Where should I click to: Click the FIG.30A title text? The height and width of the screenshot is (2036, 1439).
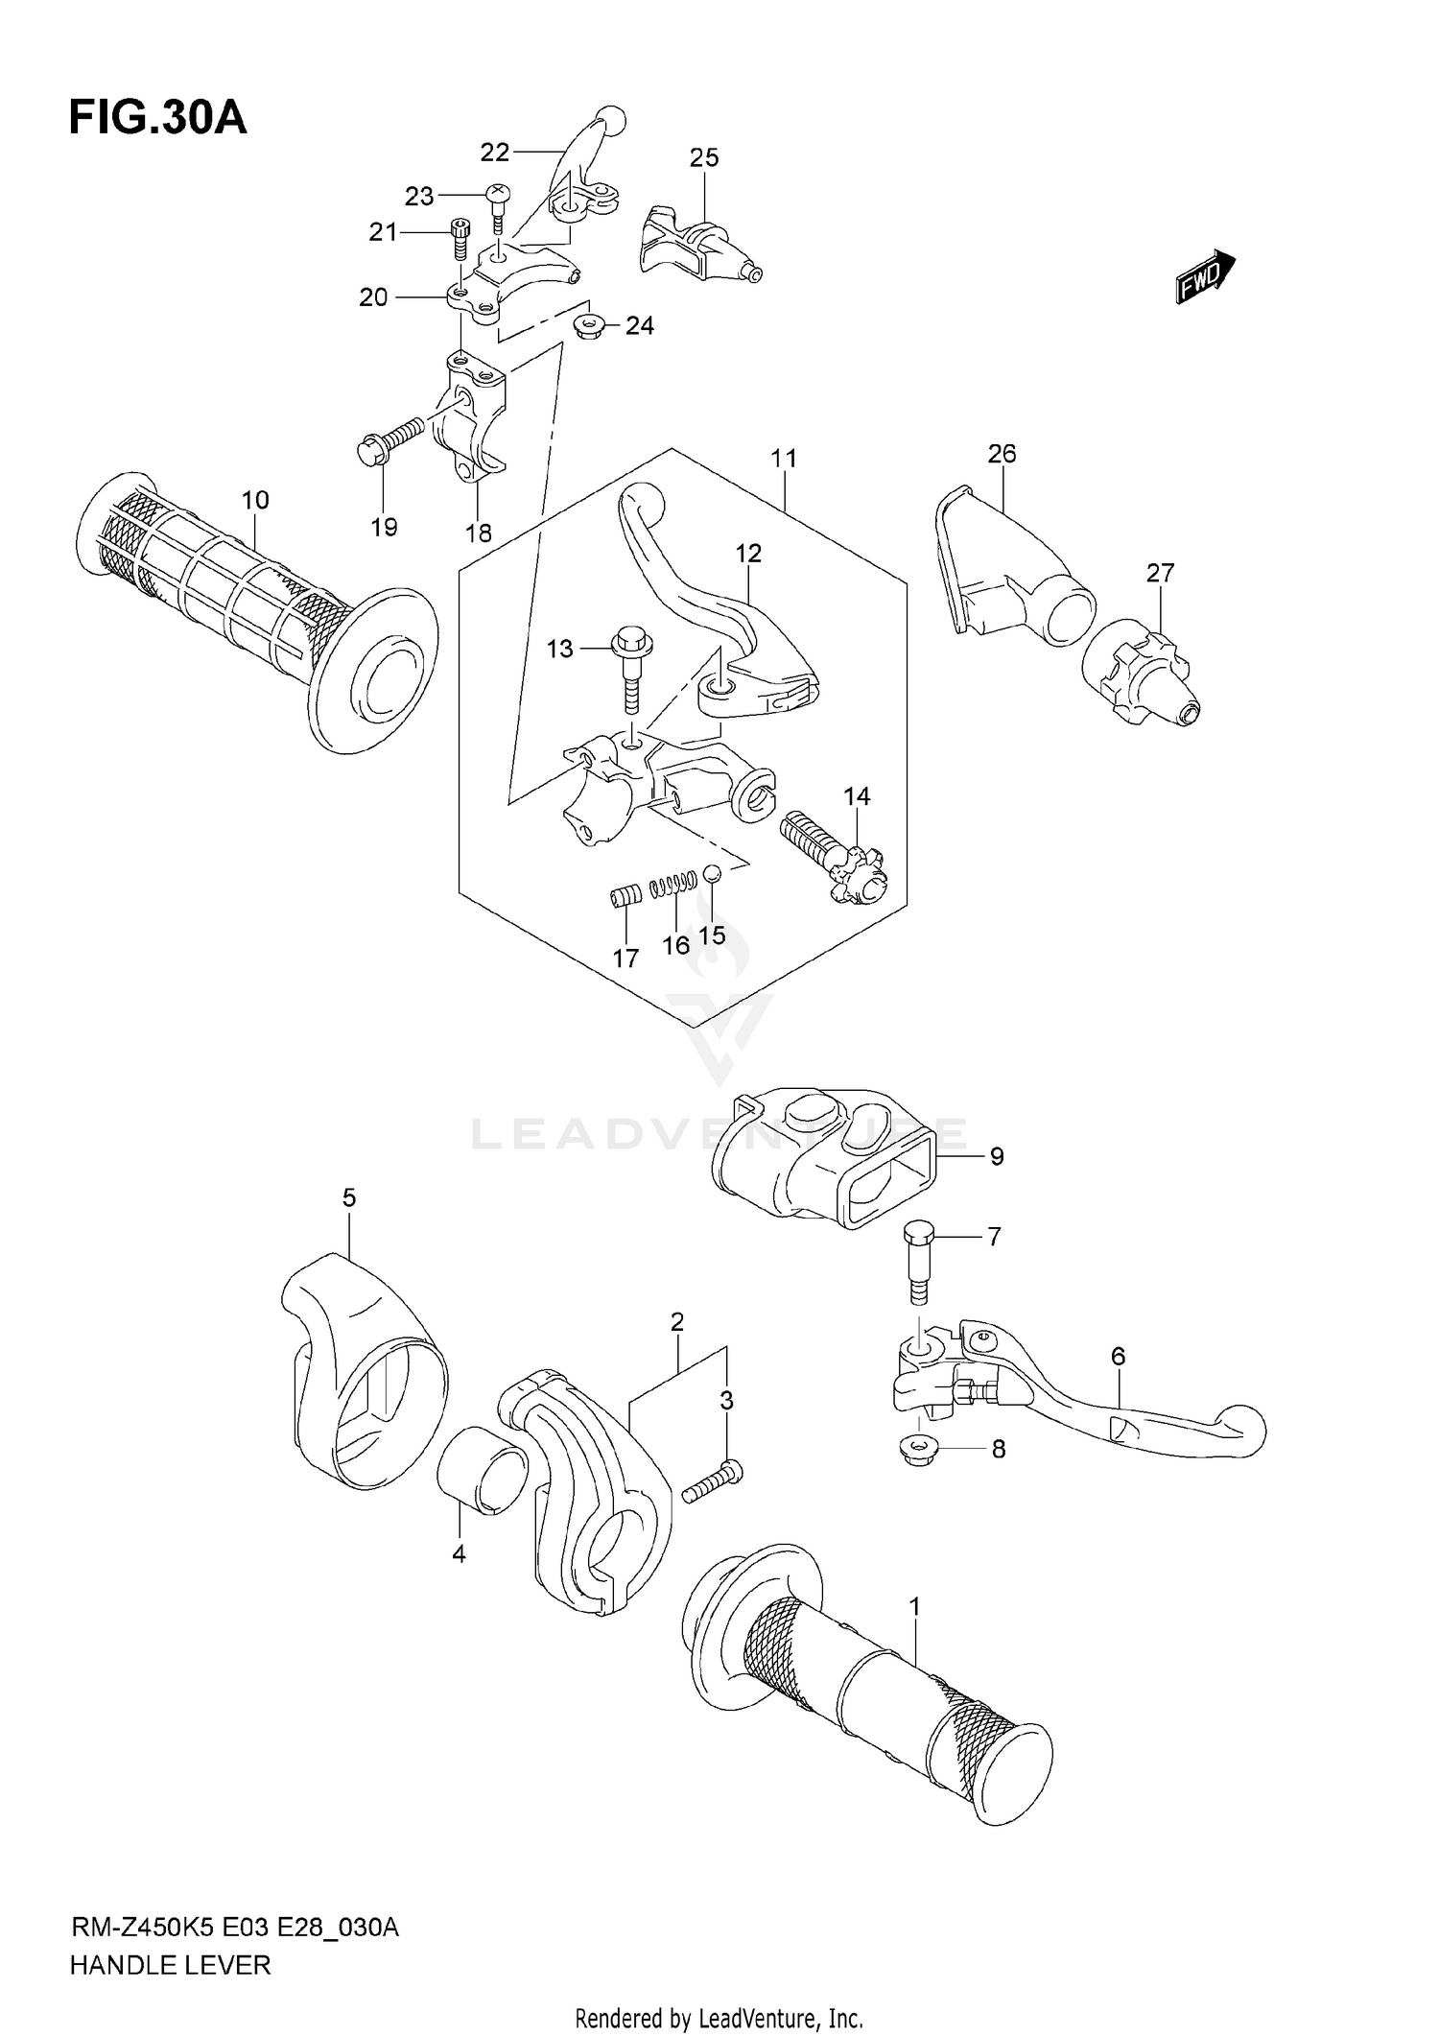click(x=158, y=118)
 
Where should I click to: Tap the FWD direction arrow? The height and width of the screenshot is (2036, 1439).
click(x=1205, y=276)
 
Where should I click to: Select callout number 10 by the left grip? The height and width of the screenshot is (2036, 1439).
click(x=255, y=500)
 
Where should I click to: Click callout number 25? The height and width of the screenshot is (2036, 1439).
click(x=704, y=157)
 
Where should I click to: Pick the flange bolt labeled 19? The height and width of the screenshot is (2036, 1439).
click(x=389, y=441)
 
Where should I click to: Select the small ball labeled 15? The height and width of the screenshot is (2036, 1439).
click(x=711, y=872)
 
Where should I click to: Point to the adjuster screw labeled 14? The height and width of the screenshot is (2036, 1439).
click(x=835, y=854)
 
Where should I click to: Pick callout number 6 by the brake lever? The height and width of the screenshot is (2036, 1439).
click(x=1118, y=1357)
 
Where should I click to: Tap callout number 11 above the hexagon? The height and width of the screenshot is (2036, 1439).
click(x=784, y=459)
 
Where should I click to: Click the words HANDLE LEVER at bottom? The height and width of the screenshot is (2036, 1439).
click(x=171, y=1965)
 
